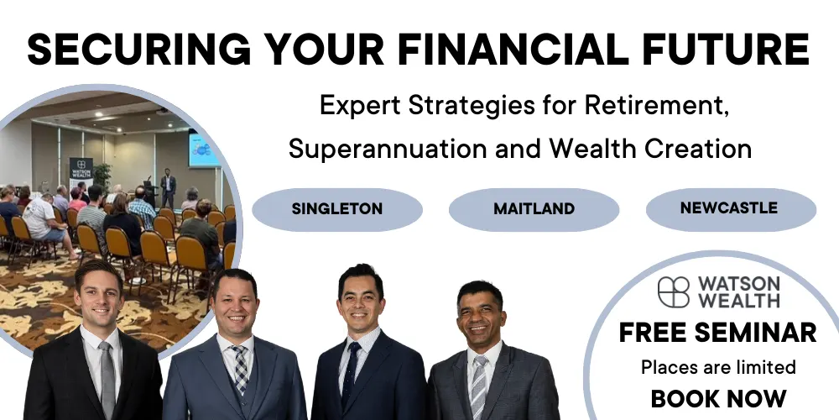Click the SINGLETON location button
point(337,209)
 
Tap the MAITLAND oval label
point(534,209)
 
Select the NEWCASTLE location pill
point(731,209)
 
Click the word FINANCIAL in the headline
point(513,50)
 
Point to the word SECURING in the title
point(139,50)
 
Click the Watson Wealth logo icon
point(674,292)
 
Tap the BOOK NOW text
point(719,398)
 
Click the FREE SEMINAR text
point(717,333)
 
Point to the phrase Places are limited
point(718,367)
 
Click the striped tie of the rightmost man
point(478,386)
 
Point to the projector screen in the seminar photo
point(204,150)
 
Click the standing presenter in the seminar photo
point(168,188)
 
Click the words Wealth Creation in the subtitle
point(651,149)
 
